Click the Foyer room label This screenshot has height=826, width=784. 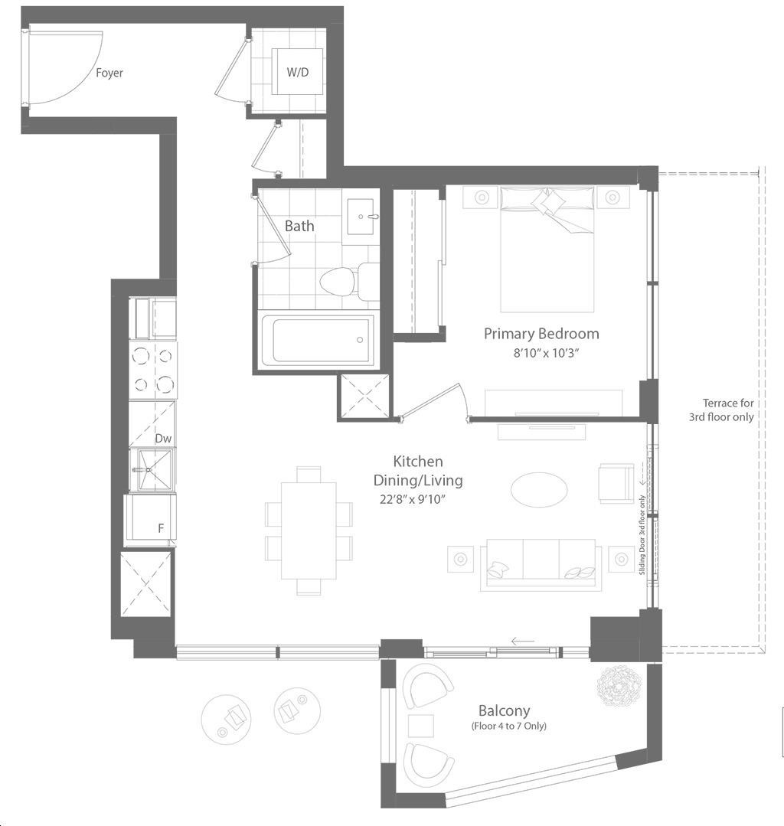tap(109, 73)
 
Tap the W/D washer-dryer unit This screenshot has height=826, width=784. tap(297, 72)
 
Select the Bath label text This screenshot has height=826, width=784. tap(299, 226)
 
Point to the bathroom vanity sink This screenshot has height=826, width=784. tap(361, 216)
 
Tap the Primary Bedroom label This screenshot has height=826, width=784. tap(541, 334)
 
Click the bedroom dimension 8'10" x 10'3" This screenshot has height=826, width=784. tap(546, 353)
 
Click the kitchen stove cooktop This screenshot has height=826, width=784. tap(153, 371)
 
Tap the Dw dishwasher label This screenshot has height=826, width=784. tap(163, 439)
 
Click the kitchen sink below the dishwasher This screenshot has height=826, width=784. tap(154, 469)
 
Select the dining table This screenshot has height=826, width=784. tap(309, 531)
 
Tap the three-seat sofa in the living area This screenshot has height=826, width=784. tap(541, 565)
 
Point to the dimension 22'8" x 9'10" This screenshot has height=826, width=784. tap(413, 499)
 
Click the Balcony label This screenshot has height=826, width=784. tap(505, 710)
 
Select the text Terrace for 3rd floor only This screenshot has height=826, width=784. tap(721, 410)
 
